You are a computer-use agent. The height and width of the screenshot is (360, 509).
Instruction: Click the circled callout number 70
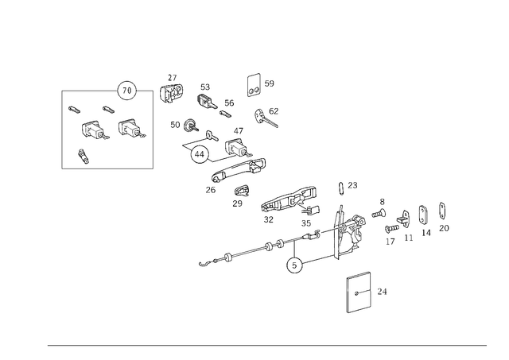[127, 91]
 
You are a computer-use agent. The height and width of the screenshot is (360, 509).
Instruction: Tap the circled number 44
[199, 155]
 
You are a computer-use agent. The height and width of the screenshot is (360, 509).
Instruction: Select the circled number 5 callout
[294, 265]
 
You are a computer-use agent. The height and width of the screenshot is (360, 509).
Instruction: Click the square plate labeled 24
[359, 292]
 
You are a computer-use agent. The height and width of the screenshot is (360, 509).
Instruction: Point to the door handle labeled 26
[239, 169]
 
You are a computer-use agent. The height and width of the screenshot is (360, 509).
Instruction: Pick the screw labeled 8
[379, 214]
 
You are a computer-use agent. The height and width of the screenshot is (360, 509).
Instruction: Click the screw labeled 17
[392, 228]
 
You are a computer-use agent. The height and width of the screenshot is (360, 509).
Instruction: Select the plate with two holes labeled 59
[254, 85]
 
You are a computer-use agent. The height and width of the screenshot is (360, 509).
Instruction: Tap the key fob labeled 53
[207, 101]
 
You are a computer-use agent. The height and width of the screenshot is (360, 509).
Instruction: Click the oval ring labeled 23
[340, 188]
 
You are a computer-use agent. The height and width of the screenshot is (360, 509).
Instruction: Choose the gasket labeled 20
[442, 211]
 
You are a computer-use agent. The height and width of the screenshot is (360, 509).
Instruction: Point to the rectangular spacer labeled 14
[422, 215]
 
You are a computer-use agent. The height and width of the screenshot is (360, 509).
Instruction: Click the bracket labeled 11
[403, 219]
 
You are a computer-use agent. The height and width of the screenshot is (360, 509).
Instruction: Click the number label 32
[269, 219]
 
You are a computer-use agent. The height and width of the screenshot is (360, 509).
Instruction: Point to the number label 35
[305, 223]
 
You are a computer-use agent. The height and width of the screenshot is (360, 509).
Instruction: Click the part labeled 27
[172, 93]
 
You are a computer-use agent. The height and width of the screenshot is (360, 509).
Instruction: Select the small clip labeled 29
[242, 190]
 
